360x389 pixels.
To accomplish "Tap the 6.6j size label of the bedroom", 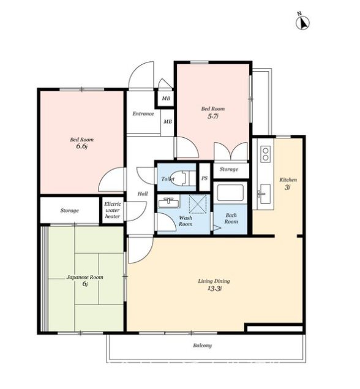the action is [82, 146].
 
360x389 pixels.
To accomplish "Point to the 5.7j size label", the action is [213, 116].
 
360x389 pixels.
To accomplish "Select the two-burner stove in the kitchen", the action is [266, 154].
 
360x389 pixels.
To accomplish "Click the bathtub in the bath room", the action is [230, 193].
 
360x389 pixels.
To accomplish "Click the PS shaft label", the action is [204, 178].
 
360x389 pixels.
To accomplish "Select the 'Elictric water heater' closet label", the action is [113, 210].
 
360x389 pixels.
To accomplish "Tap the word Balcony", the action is [202, 346].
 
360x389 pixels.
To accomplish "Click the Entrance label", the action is [143, 113].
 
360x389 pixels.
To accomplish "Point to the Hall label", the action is [143, 194].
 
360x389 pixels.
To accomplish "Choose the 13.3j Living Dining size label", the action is [214, 289].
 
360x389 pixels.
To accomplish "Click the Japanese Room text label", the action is [84, 277].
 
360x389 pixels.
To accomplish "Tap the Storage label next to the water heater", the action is [69, 210].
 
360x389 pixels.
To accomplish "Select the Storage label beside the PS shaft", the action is [229, 169].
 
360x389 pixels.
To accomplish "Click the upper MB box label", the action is [166, 98].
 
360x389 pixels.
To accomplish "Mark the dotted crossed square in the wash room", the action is [198, 204].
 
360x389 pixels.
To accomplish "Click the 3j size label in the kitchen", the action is [287, 187].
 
